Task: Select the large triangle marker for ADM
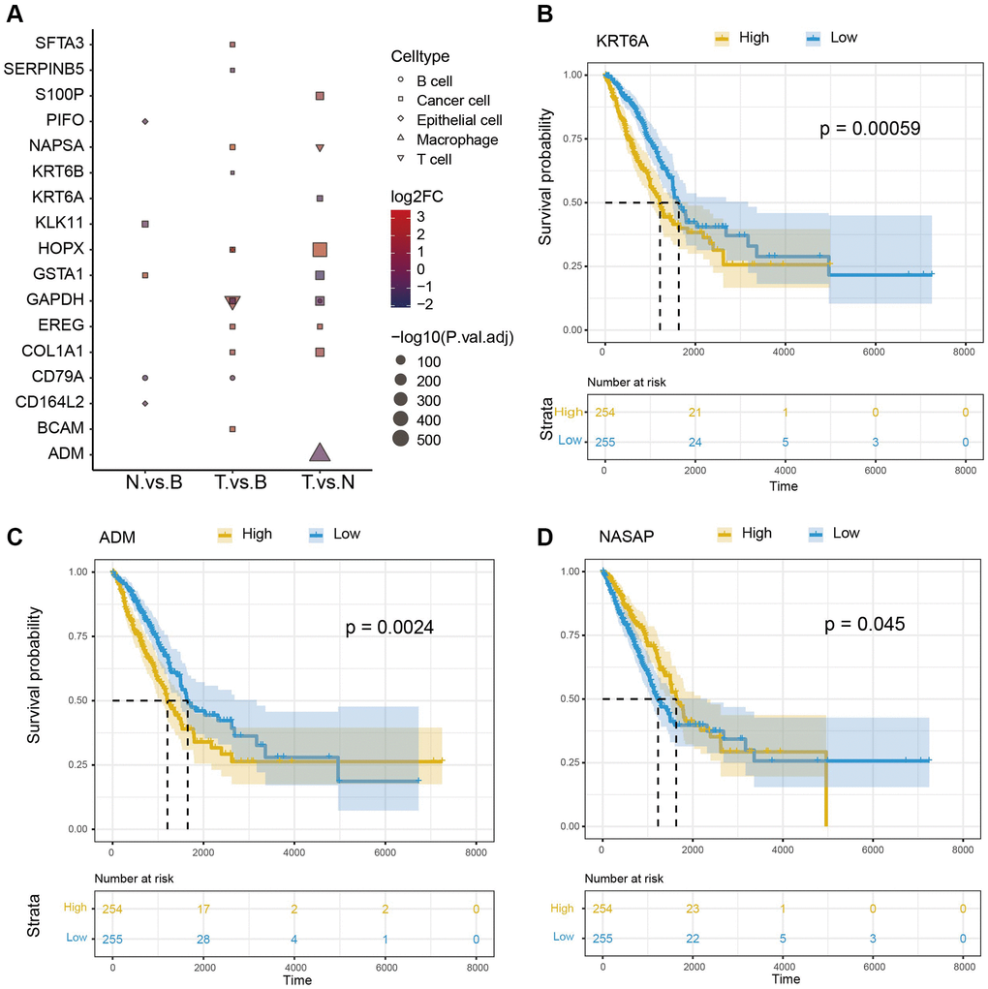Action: pos(320,451)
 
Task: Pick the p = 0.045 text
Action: pos(865,625)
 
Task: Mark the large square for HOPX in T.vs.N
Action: pos(320,250)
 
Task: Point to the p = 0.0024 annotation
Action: pos(389,629)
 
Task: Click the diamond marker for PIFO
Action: pos(144,121)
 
